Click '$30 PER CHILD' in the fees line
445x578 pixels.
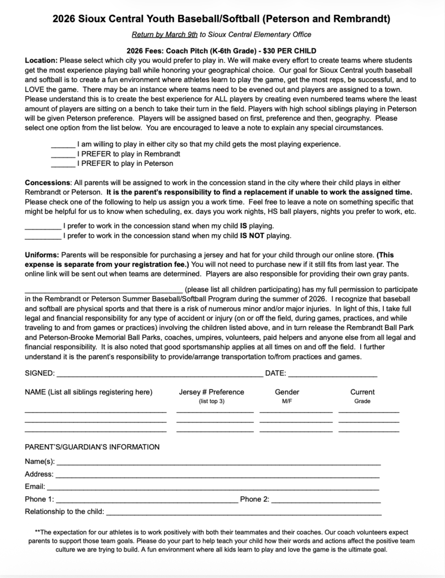(x=290, y=51)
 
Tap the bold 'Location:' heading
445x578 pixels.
(x=41, y=60)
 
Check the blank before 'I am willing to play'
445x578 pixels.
(x=63, y=144)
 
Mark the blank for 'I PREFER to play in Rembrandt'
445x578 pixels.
(x=63, y=154)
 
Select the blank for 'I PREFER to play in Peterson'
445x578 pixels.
(x=63, y=164)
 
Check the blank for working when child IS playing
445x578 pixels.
(x=43, y=226)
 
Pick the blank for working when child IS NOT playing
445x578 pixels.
(x=43, y=236)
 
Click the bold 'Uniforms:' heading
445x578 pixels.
(x=42, y=255)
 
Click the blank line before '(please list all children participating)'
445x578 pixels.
(x=103, y=290)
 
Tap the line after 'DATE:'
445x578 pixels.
(x=332, y=374)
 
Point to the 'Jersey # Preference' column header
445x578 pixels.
(x=211, y=392)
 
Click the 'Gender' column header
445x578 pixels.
(x=287, y=392)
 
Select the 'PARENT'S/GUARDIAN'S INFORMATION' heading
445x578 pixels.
(x=92, y=447)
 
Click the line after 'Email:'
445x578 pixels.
(x=213, y=487)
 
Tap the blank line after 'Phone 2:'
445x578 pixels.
(x=326, y=500)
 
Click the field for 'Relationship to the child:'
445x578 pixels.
(x=244, y=513)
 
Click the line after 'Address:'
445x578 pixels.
(x=218, y=475)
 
